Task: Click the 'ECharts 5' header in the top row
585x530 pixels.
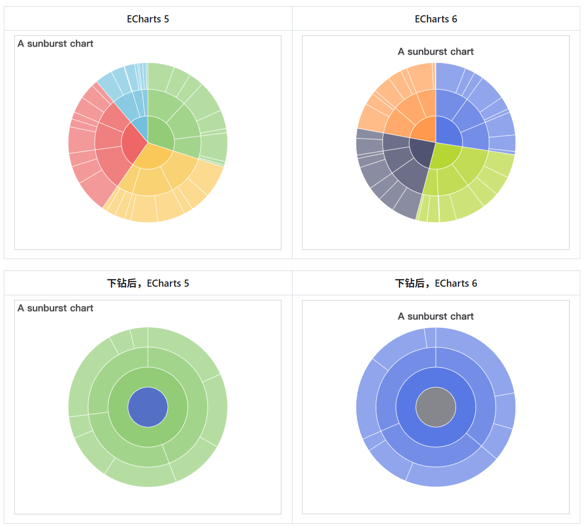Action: [148, 19]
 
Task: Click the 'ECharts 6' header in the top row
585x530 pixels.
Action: [435, 19]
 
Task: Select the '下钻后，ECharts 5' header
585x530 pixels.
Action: [148, 283]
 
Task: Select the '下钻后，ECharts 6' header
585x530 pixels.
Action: [435, 283]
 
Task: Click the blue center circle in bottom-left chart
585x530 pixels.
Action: [148, 407]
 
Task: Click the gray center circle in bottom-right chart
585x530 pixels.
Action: [435, 407]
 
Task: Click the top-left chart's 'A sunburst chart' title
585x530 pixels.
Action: [55, 44]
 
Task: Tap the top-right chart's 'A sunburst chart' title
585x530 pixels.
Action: [435, 52]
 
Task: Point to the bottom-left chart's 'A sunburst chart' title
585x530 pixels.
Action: [55, 308]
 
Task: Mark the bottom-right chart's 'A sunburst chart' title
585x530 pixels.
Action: [435, 316]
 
